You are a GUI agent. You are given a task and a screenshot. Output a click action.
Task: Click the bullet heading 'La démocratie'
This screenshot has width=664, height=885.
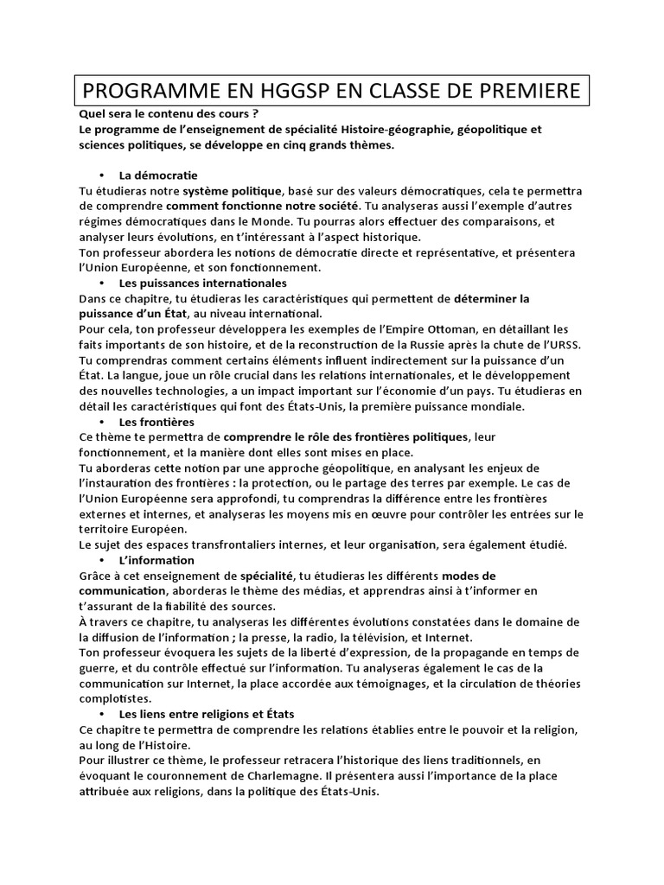tap(158, 175)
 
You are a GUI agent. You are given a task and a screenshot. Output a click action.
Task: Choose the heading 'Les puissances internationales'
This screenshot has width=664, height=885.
tap(202, 283)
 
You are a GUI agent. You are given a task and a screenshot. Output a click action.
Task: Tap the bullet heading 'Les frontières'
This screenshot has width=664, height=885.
tap(156, 422)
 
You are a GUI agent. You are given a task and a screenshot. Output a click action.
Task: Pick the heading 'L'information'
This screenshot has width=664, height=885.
tap(156, 561)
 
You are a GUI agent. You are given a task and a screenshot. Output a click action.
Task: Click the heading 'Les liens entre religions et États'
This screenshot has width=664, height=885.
tap(207, 714)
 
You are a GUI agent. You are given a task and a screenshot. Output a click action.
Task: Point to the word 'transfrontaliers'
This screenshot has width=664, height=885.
tap(224, 544)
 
